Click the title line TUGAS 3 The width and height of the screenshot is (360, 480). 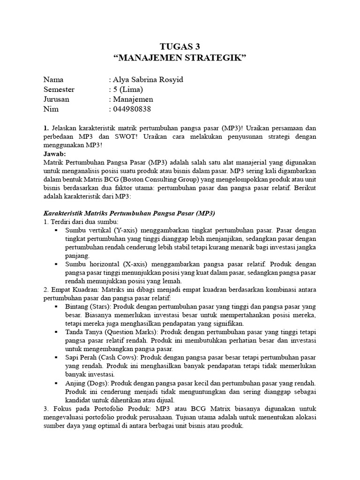180,46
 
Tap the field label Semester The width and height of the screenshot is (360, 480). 59,90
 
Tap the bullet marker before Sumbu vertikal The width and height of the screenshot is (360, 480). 56,231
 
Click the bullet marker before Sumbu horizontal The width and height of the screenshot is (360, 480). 56,265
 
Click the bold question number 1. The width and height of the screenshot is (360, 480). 45,128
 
